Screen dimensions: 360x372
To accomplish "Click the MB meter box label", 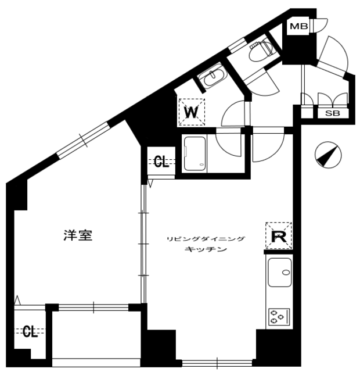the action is pos(299,26).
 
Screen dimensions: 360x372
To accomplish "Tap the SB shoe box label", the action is pos(332,113).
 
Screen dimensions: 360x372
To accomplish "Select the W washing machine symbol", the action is pos(192,112).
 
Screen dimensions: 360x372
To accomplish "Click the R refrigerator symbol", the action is pos(279,235).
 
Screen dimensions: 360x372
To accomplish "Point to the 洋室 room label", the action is pos(78,235).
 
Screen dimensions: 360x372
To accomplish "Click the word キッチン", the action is pos(206,249).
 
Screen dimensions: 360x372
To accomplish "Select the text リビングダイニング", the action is pos(206,239).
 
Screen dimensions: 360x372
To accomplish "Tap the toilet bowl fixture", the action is pos(261,49).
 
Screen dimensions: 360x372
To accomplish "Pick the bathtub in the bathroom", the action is pos(195,153).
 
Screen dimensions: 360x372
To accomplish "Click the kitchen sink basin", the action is pos(279,272).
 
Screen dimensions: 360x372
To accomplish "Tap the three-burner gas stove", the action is pos(279,317).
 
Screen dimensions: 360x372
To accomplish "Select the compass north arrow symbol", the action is pos(328,155).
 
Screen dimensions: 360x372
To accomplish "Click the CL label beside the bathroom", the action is pos(161,162).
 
